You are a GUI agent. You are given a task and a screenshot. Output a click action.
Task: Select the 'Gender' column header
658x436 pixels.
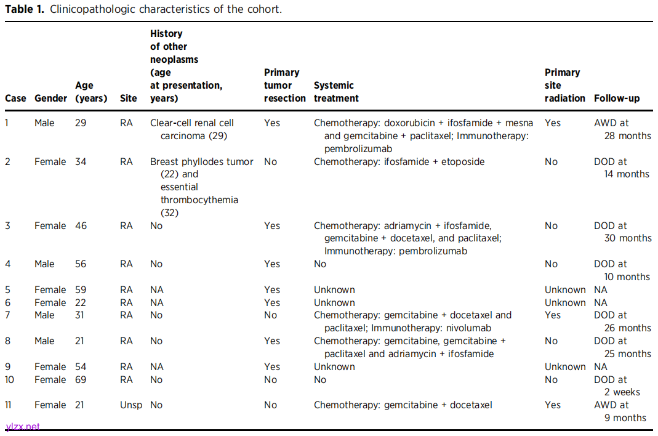tap(50, 98)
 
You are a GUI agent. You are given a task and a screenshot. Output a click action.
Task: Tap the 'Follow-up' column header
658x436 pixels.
tap(617, 98)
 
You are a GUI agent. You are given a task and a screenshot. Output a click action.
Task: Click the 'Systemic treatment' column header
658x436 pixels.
tap(336, 92)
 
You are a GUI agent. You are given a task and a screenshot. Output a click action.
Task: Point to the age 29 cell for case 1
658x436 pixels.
tap(81, 123)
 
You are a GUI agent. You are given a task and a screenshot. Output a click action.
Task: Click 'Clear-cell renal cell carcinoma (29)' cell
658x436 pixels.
tap(192, 129)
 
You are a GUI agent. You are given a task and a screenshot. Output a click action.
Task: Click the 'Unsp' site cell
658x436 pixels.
tap(130, 405)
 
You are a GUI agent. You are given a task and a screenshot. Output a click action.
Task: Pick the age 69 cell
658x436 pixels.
tap(81, 379)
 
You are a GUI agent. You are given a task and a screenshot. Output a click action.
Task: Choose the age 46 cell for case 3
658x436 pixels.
tap(81, 226)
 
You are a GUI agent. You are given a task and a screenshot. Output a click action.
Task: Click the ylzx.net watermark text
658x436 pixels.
tap(22, 426)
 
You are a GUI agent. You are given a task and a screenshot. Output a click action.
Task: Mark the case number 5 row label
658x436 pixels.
tap(7, 290)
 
